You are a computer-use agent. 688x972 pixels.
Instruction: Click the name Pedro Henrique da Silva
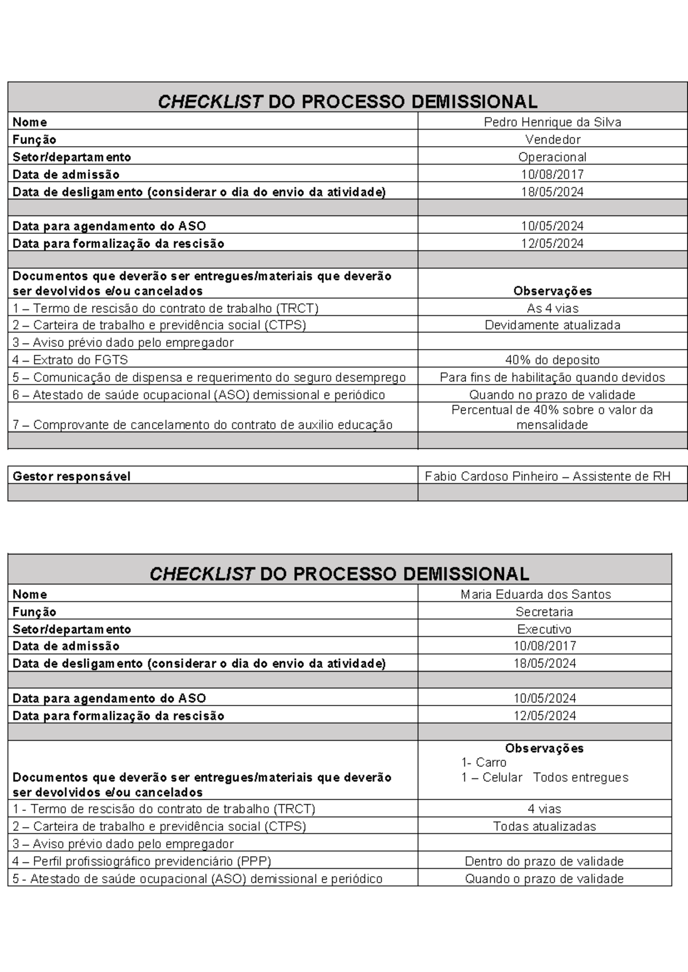coord(552,122)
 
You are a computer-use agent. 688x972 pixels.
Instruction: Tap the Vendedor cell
coord(553,139)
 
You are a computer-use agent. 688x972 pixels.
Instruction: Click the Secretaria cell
coord(544,612)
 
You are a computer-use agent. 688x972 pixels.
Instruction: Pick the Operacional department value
coord(552,157)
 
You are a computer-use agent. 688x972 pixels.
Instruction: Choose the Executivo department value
coord(544,629)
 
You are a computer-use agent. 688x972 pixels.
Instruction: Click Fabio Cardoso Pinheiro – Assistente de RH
coord(548,476)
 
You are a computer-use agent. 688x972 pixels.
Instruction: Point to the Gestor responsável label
coord(72,476)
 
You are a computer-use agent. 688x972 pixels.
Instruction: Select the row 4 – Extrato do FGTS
coord(70,360)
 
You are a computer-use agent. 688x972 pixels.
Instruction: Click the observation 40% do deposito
coord(552,360)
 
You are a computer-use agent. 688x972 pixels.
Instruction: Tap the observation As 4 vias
coord(552,308)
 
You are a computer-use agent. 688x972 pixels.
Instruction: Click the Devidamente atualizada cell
coord(552,325)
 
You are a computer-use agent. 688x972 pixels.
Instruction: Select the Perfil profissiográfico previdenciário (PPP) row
coord(142,861)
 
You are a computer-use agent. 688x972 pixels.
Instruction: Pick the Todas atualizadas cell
coord(544,826)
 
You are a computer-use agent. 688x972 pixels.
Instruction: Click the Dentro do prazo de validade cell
coord(544,861)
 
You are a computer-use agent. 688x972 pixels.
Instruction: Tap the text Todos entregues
coord(580,777)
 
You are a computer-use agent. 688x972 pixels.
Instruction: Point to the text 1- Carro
coord(483,762)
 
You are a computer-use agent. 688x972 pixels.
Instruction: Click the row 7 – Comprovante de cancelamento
coord(202,425)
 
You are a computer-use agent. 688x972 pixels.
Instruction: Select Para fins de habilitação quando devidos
coord(552,377)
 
